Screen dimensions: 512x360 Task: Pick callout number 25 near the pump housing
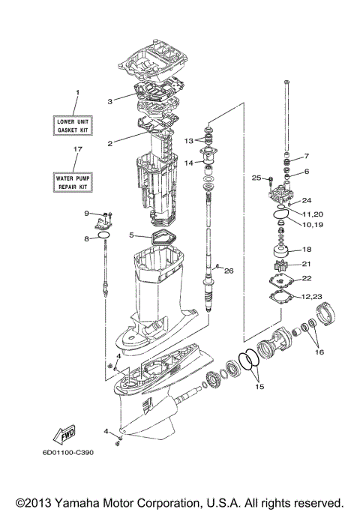tap(256, 178)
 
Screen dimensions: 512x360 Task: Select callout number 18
tap(306, 250)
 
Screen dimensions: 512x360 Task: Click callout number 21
tap(306, 264)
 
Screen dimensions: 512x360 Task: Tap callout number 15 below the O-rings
tap(260, 388)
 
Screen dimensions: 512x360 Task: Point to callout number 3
tap(109, 100)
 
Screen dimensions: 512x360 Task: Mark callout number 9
tap(86, 213)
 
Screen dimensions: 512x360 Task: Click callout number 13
tap(189, 141)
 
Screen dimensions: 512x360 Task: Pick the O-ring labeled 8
tap(103, 238)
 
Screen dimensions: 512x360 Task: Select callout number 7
tap(306, 157)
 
